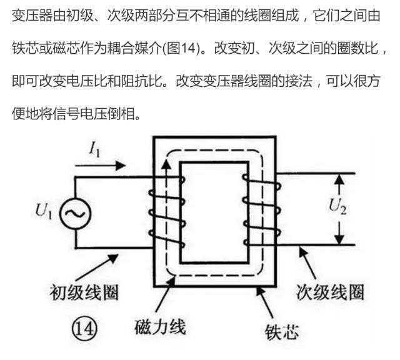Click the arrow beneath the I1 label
click(x=101, y=166)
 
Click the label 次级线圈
click(x=329, y=292)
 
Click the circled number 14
click(x=85, y=326)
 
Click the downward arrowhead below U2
click(x=339, y=239)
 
